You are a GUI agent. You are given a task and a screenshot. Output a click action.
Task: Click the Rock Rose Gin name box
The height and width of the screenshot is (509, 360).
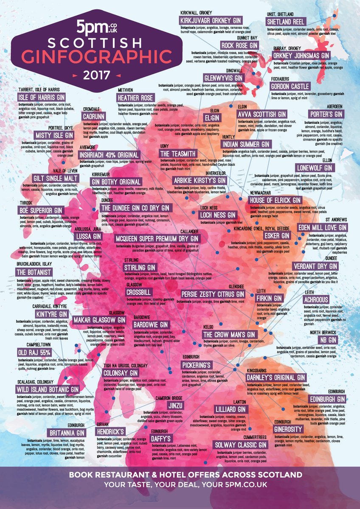pyautogui.click(x=239, y=45)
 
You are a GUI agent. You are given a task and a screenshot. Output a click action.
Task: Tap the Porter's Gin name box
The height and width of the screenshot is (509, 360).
pyautogui.click(x=326, y=115)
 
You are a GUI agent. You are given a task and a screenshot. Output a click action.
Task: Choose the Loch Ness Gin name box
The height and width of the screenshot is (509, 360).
pyautogui.click(x=218, y=215)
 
